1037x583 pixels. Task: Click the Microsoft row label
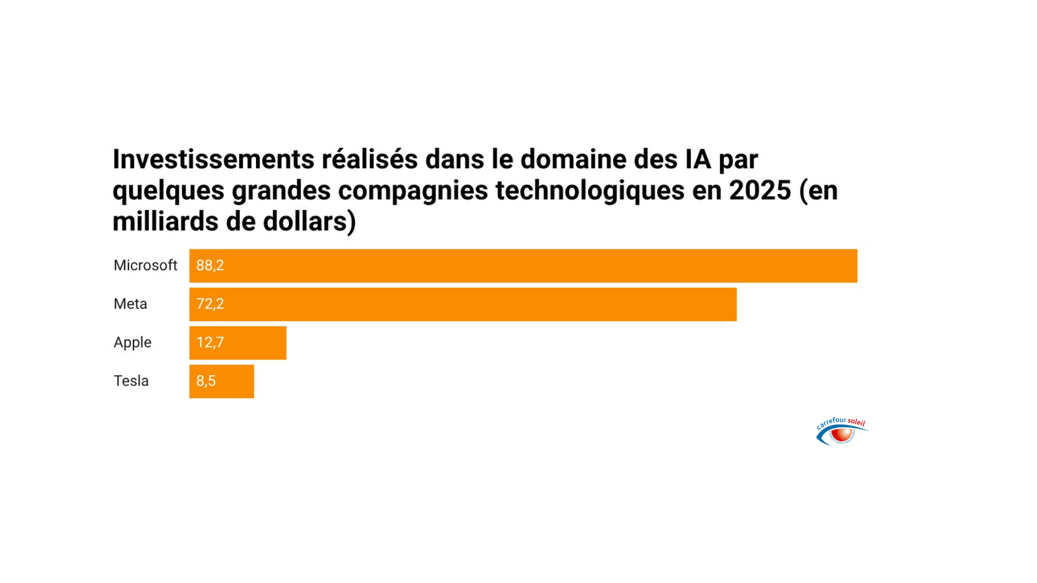(145, 266)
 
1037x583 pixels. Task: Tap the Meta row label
(130, 304)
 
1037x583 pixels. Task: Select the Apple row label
(132, 343)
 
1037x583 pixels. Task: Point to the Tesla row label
(131, 381)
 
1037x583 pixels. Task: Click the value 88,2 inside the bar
(210, 266)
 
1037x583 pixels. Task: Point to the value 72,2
(210, 304)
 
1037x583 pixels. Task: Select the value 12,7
(210, 343)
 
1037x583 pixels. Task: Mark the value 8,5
(206, 382)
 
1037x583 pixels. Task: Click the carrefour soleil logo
(841, 431)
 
